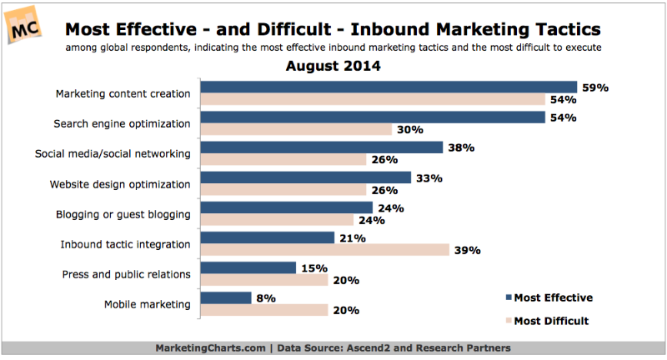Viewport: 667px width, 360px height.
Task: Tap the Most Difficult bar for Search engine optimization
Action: coord(297,129)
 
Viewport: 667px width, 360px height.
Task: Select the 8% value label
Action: coord(268,297)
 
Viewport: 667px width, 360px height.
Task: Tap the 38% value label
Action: coord(460,147)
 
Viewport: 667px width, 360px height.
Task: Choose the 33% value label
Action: coord(429,177)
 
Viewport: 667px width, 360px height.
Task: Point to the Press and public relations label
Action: coord(127,274)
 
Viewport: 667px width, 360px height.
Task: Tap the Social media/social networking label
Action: coord(113,154)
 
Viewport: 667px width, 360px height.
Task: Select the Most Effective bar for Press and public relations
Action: coord(248,267)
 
